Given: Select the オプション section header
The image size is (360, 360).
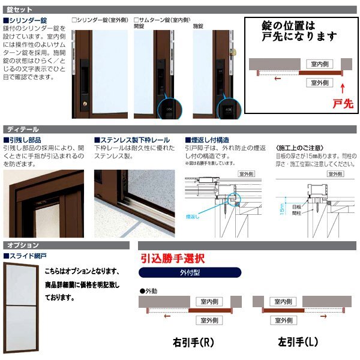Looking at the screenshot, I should pyautogui.click(x=23, y=245).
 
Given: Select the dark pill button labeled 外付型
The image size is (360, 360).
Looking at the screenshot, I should pyautogui.click(x=190, y=274).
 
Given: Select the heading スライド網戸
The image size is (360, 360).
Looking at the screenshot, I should pyautogui.click(x=25, y=256).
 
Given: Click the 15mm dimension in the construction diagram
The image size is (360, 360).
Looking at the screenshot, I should pyautogui.click(x=283, y=208).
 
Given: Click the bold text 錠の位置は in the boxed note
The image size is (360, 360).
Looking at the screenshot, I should pyautogui.click(x=289, y=27).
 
